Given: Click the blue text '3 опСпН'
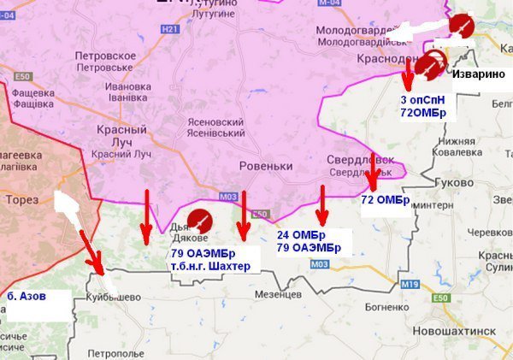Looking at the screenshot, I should (421, 100).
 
